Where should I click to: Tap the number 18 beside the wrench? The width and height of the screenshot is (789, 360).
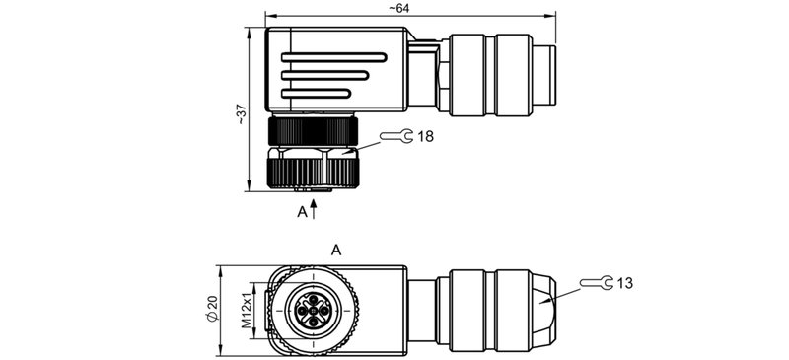tap(426, 138)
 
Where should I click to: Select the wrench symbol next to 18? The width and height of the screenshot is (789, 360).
tap(397, 138)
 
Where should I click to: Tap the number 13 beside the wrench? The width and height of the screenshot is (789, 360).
tap(623, 284)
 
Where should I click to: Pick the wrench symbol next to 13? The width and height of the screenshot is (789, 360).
tap(594, 284)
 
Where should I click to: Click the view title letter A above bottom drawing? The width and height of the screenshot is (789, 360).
tap(336, 251)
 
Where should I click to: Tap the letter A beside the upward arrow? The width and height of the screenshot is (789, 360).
tap(303, 211)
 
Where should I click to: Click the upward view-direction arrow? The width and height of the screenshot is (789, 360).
tap(315, 207)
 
